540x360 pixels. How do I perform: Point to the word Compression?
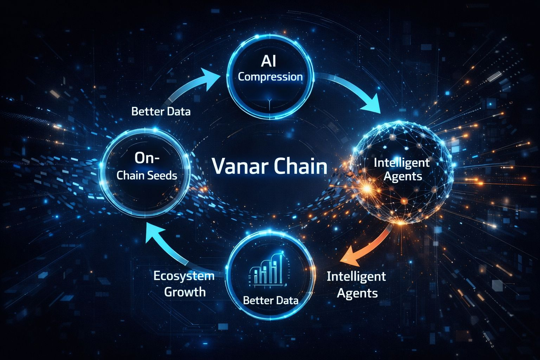270,77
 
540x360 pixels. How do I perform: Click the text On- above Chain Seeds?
147,158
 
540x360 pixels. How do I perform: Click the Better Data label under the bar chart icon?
270,300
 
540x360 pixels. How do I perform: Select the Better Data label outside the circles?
161,112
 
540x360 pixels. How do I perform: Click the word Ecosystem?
184,276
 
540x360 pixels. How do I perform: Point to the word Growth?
185,292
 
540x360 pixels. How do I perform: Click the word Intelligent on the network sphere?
401,163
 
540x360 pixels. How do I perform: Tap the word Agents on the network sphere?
403,176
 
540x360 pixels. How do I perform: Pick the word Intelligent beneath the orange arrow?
356,277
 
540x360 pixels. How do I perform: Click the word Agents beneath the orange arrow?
357,293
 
